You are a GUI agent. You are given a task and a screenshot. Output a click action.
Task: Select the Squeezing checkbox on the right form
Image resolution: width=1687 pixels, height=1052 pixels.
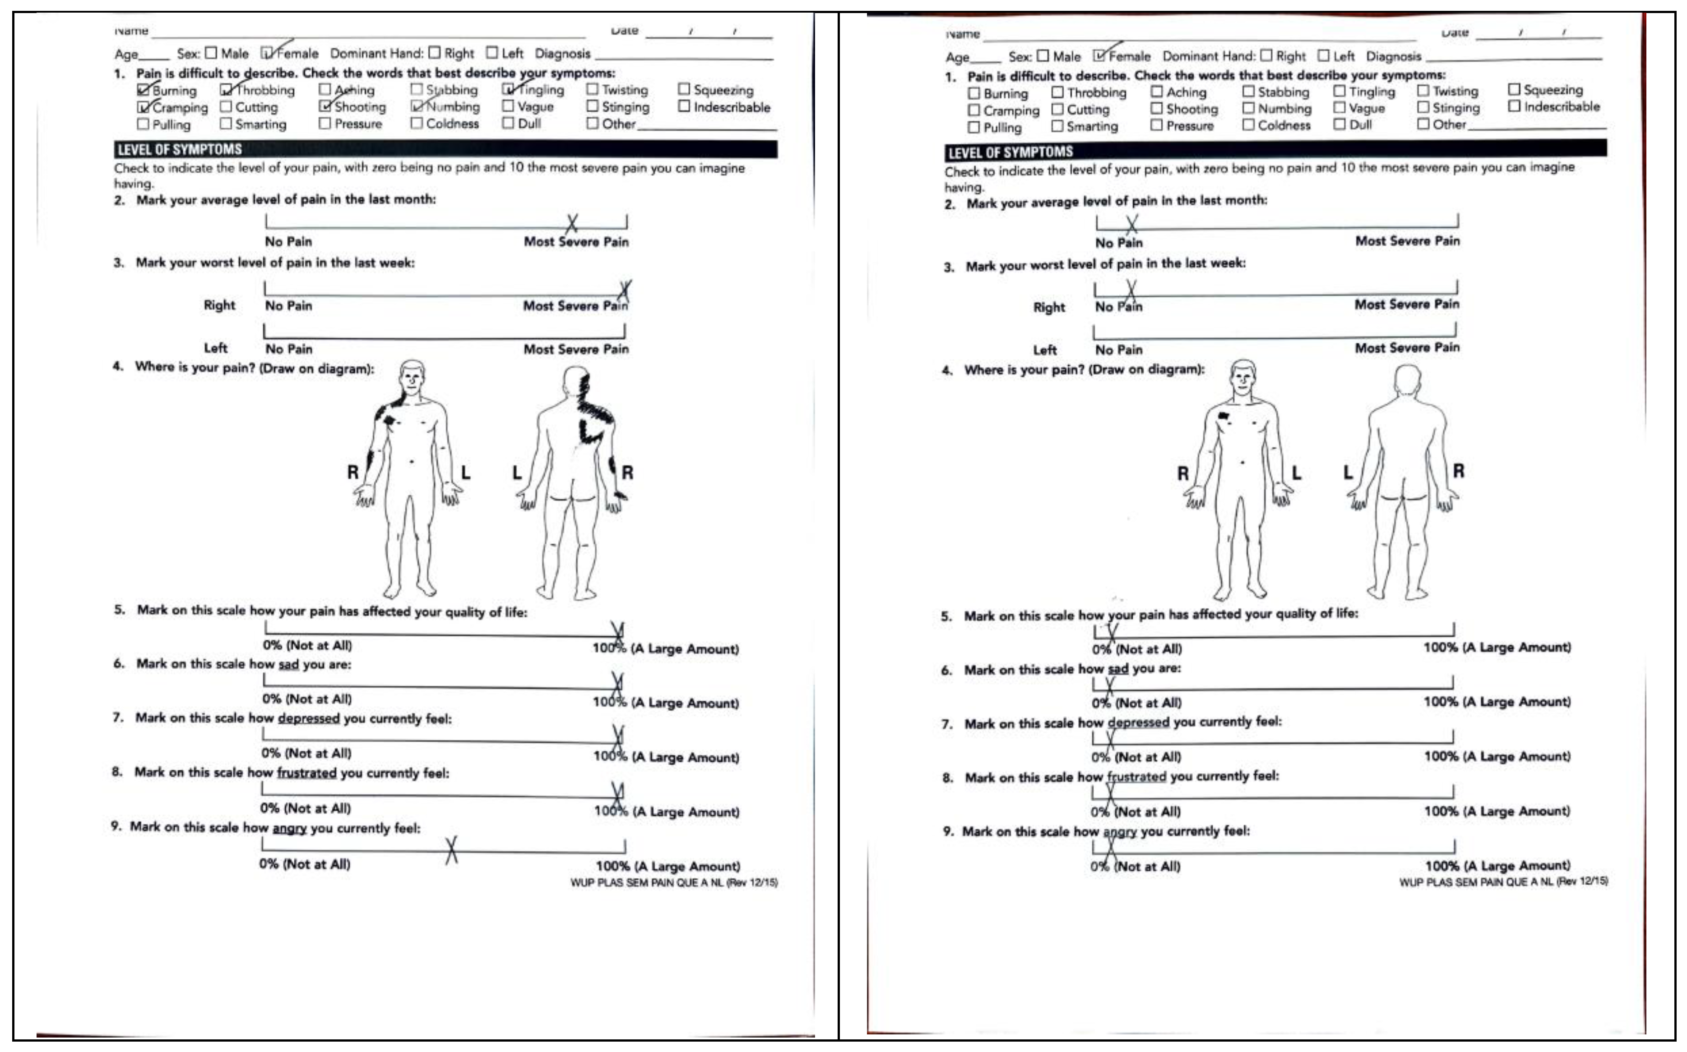click(1514, 90)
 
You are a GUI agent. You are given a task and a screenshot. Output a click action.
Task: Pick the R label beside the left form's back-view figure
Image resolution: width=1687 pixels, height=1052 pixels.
click(627, 473)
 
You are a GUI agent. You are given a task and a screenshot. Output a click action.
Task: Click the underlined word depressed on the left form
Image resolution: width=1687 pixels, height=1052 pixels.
click(308, 718)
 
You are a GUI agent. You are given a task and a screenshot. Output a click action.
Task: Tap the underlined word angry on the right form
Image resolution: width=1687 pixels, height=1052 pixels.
click(1120, 831)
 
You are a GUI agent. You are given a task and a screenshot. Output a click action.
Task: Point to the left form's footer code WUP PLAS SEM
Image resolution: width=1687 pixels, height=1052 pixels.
click(673, 883)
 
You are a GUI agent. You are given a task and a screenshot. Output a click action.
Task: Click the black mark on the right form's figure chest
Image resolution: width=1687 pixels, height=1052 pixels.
click(1224, 416)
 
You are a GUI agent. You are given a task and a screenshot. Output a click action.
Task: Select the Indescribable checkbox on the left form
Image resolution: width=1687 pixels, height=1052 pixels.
click(684, 106)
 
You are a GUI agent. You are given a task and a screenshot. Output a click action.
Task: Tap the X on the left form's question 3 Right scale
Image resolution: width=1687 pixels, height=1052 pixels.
click(625, 291)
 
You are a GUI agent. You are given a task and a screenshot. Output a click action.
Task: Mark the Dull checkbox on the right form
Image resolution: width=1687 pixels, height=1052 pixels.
click(1339, 124)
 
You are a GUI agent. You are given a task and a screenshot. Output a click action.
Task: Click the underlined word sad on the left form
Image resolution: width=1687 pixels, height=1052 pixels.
click(288, 665)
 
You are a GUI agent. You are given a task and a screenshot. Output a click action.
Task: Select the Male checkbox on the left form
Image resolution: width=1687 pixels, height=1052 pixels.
click(211, 53)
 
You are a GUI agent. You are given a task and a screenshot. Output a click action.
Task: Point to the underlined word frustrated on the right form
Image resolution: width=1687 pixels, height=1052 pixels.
click(1136, 776)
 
